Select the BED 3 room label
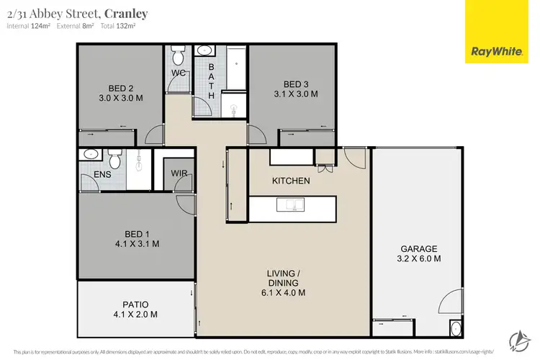click(295, 84)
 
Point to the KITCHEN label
click(291, 181)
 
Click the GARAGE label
click(419, 248)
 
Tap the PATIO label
click(135, 304)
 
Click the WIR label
click(179, 174)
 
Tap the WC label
click(178, 73)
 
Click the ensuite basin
click(91, 154)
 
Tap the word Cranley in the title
click(128, 12)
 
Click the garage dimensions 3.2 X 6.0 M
click(419, 258)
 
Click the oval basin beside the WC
click(204, 51)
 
